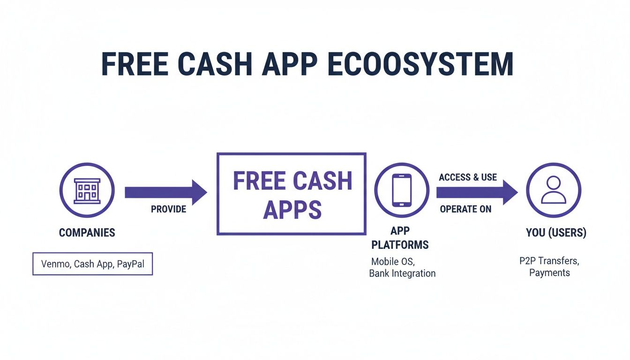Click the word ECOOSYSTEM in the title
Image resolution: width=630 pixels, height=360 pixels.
point(420,65)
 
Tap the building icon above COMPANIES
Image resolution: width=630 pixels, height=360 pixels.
point(87,190)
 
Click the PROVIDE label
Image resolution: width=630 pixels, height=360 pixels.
point(168,209)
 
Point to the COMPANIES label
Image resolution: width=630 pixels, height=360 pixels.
point(87,232)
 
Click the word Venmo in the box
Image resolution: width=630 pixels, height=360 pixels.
point(55,264)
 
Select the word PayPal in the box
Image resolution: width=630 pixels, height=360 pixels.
point(131,264)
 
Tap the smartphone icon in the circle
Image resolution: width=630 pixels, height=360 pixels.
point(402,190)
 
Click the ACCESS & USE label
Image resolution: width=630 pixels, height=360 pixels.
point(468,177)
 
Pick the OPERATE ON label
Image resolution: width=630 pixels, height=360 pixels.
point(465,209)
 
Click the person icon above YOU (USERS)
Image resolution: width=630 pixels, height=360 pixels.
point(554,190)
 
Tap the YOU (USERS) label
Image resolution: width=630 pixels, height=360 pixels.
point(556,232)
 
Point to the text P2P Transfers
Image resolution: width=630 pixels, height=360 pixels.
point(549,261)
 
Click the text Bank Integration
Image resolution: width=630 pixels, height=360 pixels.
point(402,273)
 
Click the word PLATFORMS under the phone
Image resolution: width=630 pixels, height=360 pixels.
point(400,245)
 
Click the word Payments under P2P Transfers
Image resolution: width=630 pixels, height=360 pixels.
point(549,273)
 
